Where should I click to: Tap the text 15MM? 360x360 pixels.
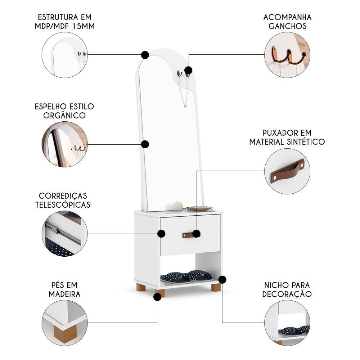coord(84,26)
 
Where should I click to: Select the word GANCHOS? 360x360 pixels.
coord(287,26)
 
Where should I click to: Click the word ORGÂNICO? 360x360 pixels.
coord(64,115)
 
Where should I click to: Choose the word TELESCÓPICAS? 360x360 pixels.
coord(63,204)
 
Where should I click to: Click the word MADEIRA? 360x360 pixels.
coord(64,294)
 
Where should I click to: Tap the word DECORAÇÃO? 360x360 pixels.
coord(287,294)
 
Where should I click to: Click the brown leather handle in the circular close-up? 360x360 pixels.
coord(287,170)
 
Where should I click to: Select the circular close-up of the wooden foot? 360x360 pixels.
coord(65,323)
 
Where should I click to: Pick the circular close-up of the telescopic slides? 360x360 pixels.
coord(65,233)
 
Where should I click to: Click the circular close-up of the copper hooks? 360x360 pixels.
coord(287,55)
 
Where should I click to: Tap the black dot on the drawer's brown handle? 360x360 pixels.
coord(196,234)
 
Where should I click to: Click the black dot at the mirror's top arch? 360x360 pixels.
coord(145,55)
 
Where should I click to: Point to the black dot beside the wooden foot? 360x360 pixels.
coord(157,297)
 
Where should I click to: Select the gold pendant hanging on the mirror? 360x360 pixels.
coord(185,106)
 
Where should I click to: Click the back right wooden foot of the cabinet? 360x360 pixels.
coord(216,287)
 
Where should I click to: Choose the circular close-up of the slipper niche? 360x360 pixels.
coord(287,323)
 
